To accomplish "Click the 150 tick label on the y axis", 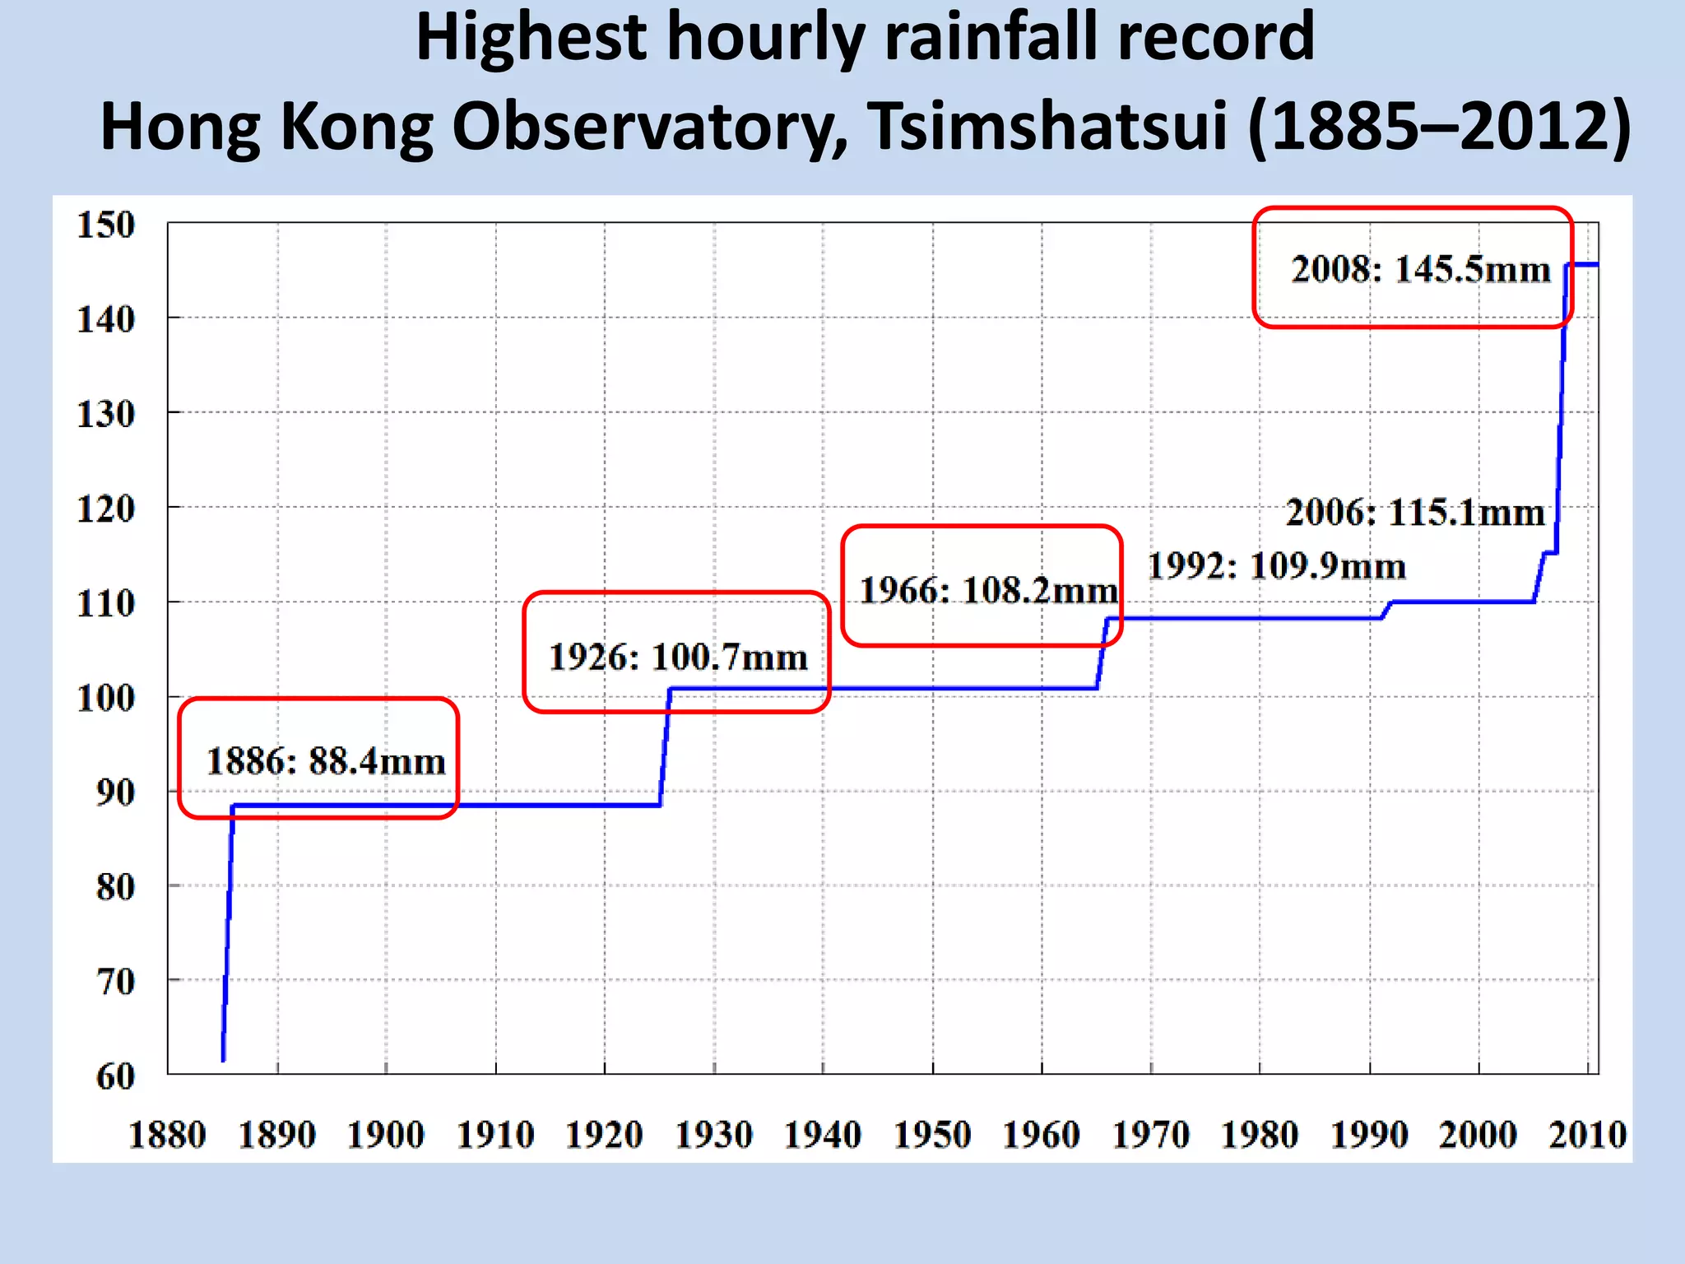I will pyautogui.click(x=105, y=225).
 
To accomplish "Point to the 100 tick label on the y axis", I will pyautogui.click(x=105, y=699).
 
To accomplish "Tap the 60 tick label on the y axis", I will pyautogui.click(x=115, y=1076).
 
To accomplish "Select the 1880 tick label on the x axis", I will pyautogui.click(x=167, y=1135).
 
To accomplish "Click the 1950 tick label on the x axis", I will pyautogui.click(x=932, y=1135).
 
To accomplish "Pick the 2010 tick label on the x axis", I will pyautogui.click(x=1587, y=1135).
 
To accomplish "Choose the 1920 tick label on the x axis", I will pyautogui.click(x=604, y=1135).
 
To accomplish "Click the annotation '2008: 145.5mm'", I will pyautogui.click(x=1421, y=269).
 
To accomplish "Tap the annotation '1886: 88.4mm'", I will pyautogui.click(x=326, y=761).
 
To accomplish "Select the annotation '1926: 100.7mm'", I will pyautogui.click(x=678, y=658).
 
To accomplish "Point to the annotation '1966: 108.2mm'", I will pyautogui.click(x=989, y=590).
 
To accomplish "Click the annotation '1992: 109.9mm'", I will pyautogui.click(x=1276, y=566).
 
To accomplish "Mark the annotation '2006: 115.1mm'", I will pyautogui.click(x=1415, y=513).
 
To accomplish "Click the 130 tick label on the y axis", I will pyautogui.click(x=105, y=414).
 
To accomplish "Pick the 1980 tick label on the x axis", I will pyautogui.click(x=1260, y=1135).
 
